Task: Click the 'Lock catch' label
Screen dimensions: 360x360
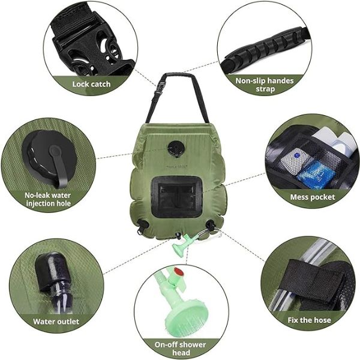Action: click(91, 84)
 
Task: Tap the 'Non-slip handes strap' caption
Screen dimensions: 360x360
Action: click(265, 85)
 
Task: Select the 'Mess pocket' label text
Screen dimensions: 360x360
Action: click(313, 197)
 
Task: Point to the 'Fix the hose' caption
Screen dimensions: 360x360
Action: click(309, 320)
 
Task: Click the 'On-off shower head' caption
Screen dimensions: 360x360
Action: click(180, 349)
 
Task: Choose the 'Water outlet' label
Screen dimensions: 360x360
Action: click(56, 322)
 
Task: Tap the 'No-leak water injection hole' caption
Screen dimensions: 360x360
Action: click(48, 199)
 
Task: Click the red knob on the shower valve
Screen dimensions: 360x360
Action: click(178, 272)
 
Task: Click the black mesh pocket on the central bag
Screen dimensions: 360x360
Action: click(176, 197)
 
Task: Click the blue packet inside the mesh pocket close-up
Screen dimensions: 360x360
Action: click(315, 173)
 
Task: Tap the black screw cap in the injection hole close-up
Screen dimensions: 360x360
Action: click(49, 155)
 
